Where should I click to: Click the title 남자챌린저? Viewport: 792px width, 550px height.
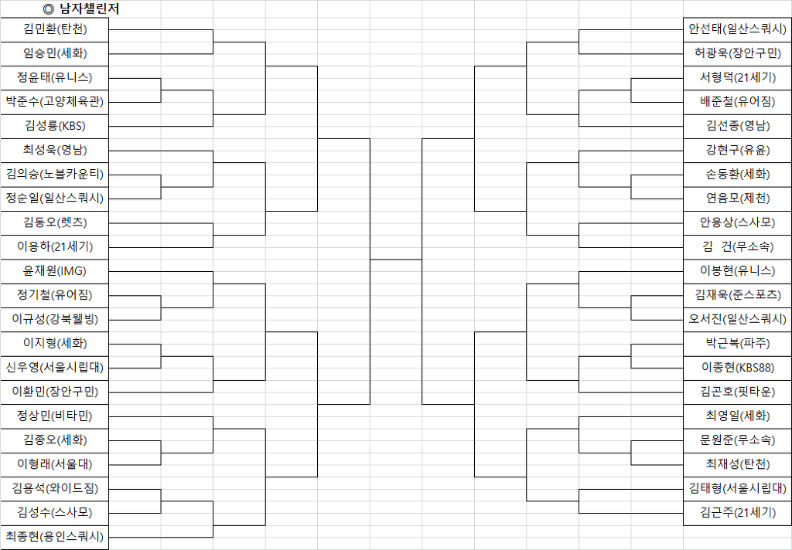pos(90,9)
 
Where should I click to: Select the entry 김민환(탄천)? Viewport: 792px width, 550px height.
pos(55,29)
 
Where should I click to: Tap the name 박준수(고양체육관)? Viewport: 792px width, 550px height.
pos(55,101)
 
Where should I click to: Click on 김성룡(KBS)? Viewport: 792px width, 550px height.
pos(55,126)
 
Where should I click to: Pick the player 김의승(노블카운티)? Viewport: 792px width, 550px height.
pos(55,174)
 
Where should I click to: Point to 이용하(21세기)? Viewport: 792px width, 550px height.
pos(55,246)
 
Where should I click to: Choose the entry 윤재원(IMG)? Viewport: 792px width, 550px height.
pos(55,271)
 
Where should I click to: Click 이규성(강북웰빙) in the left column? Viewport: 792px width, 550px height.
pos(55,319)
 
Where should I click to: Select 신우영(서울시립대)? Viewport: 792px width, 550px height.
pos(55,368)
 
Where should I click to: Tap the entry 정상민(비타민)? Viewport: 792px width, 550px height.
pos(55,416)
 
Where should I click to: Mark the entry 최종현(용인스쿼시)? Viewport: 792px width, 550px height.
pos(55,536)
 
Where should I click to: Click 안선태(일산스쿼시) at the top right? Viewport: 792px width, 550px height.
pos(737,29)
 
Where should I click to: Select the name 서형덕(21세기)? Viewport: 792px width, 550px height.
pos(737,77)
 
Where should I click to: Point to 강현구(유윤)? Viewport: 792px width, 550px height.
pos(737,150)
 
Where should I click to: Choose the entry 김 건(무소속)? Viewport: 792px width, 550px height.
pos(737,246)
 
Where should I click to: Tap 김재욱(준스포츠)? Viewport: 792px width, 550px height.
pos(737,294)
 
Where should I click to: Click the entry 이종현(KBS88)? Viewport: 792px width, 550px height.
pos(737,368)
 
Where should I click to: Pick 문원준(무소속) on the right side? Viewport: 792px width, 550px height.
pos(737,440)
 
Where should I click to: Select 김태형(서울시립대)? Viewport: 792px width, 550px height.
pos(737,488)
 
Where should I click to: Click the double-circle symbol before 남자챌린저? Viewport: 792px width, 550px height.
pos(49,9)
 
